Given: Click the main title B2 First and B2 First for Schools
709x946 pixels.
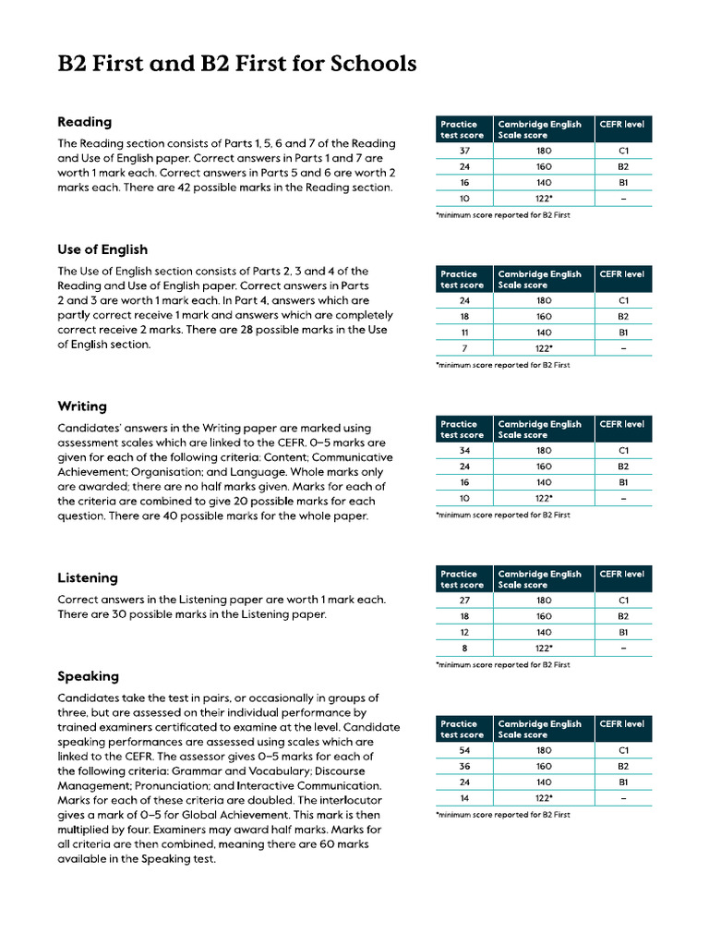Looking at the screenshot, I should (236, 64).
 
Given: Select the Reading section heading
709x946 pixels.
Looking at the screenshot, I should (84, 122).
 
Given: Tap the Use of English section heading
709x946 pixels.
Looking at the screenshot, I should (102, 249).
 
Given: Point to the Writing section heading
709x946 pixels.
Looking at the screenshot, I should (82, 406).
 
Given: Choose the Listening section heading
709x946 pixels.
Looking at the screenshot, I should (88, 578).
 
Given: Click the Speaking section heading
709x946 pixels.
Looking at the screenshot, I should (88, 676).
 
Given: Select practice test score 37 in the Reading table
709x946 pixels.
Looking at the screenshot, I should (464, 151).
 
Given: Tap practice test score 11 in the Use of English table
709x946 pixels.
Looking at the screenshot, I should (464, 332).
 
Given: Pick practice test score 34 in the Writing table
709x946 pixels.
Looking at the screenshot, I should (464, 451).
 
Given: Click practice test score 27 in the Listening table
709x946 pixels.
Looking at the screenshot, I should (464, 600).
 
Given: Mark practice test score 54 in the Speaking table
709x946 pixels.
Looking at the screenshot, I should (464, 751).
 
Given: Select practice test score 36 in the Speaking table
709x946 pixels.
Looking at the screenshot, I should (464, 767).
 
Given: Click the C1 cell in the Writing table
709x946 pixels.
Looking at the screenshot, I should (623, 451).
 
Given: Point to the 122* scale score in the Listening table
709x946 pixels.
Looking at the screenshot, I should (544, 649).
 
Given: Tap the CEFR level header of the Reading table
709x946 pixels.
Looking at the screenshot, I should (622, 124).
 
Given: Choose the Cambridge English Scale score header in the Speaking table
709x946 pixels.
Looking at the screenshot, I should (540, 729).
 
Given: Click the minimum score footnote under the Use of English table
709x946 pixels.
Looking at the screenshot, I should (502, 365).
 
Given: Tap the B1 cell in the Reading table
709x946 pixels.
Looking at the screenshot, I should (623, 183).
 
